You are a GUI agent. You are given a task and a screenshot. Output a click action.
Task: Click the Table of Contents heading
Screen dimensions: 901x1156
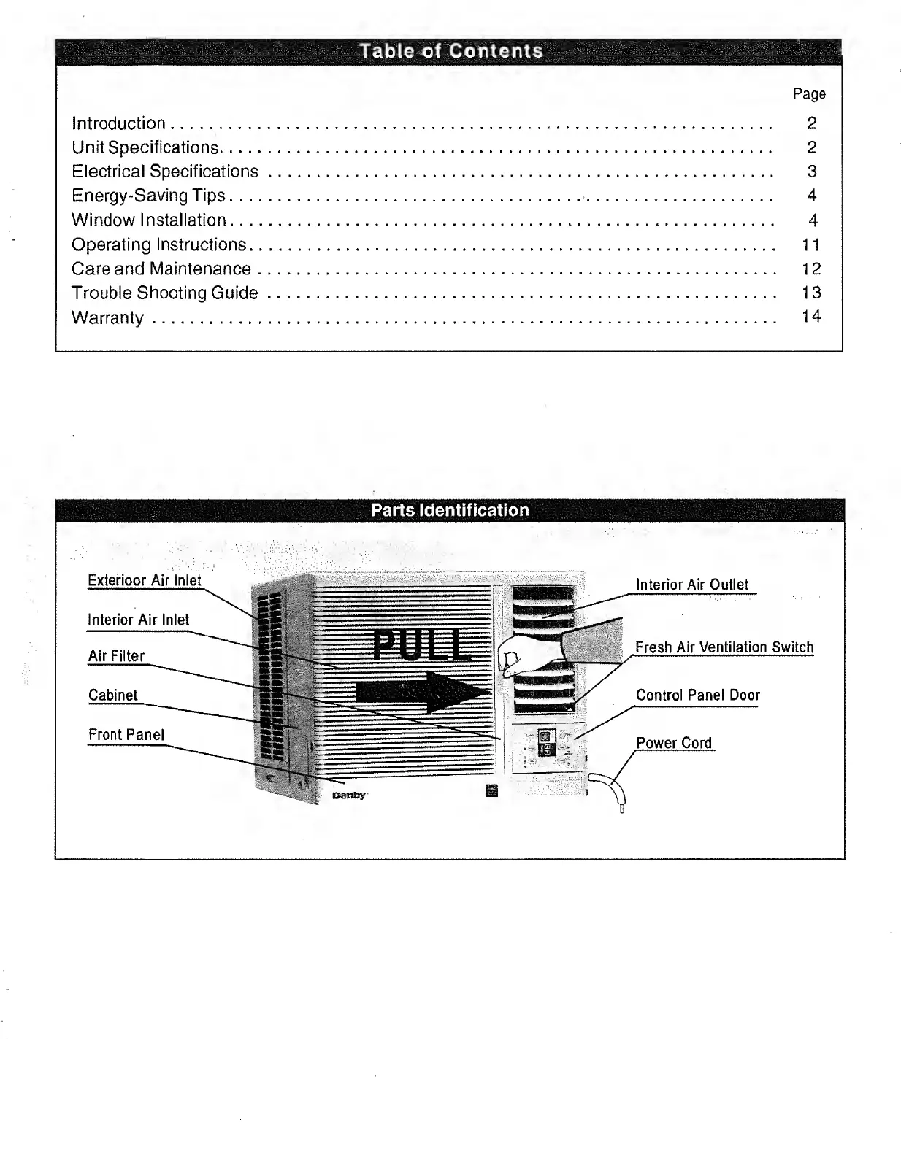tap(451, 51)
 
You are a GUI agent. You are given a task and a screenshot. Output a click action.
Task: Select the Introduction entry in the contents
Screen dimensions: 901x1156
tap(118, 123)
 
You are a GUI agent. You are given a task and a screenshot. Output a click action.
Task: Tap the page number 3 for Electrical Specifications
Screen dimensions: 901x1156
tap(811, 172)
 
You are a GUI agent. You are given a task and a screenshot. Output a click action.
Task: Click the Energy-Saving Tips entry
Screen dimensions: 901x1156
tap(148, 196)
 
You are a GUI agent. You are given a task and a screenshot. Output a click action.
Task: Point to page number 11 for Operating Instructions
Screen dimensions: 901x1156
tap(810, 244)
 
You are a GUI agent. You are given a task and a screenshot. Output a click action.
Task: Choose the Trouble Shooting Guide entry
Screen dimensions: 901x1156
tap(164, 293)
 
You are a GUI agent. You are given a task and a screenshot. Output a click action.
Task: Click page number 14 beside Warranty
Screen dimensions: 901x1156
tap(810, 316)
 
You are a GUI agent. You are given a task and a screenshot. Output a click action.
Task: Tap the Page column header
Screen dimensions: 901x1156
tap(809, 94)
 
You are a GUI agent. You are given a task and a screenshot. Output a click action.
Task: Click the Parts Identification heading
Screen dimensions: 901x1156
tap(450, 510)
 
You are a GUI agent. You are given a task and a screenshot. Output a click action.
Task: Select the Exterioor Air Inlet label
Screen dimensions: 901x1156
tap(144, 581)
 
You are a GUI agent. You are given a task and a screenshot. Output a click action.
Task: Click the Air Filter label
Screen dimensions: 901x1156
tap(116, 656)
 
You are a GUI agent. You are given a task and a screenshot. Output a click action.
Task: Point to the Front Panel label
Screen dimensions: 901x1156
tap(126, 735)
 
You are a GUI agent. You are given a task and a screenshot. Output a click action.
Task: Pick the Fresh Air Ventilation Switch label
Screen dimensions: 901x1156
tap(724, 647)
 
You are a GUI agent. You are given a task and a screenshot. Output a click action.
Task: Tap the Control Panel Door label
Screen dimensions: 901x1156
tap(697, 695)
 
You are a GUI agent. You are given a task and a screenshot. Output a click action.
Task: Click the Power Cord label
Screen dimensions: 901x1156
tap(673, 743)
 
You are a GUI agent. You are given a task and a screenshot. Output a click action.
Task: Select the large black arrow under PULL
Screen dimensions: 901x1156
tap(422, 692)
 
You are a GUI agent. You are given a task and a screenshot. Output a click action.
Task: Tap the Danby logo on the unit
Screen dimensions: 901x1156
tap(350, 795)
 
